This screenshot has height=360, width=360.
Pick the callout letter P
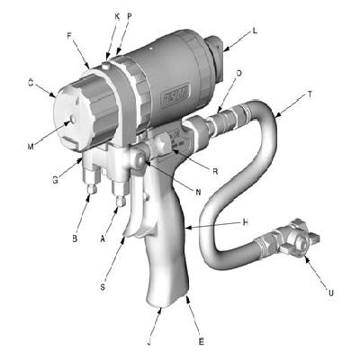click(130, 17)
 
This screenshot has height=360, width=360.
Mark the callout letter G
click(55, 181)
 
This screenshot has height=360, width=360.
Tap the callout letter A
click(102, 240)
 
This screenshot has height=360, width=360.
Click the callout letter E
click(201, 342)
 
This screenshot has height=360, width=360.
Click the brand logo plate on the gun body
click(175, 93)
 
